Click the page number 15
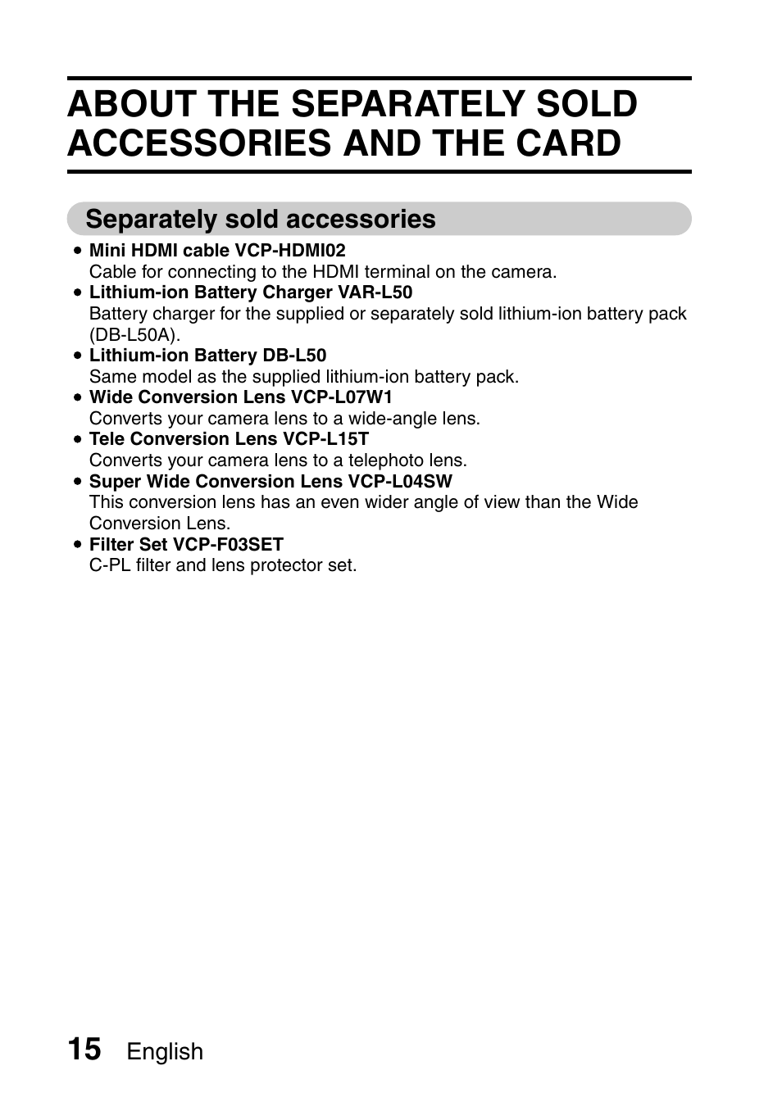[84, 1049]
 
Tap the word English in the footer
[165, 1052]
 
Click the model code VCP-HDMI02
[290, 251]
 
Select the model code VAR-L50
[375, 293]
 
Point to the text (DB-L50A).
[134, 335]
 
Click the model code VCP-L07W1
[342, 397]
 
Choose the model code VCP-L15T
[325, 439]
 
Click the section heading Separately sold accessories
[261, 220]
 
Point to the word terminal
[397, 272]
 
